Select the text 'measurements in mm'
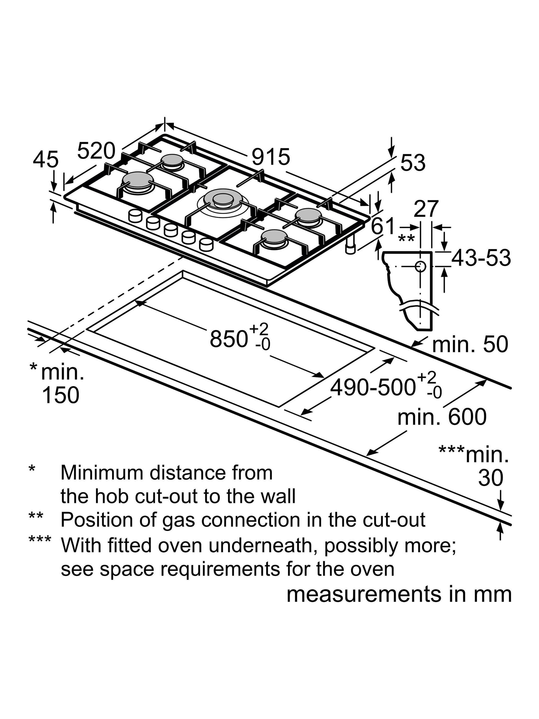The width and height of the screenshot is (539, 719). (399, 594)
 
